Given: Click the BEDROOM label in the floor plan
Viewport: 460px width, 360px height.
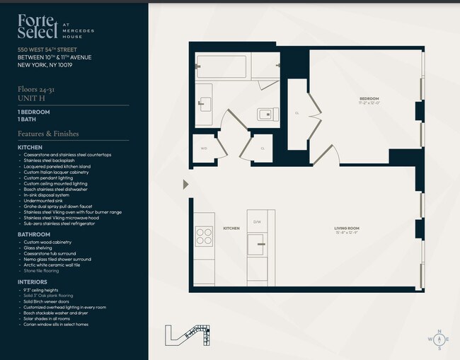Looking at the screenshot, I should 369,99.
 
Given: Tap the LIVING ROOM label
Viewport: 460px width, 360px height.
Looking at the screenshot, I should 347,228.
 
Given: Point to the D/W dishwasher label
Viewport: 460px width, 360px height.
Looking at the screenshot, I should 258,222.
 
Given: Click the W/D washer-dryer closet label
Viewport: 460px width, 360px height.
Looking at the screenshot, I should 204,149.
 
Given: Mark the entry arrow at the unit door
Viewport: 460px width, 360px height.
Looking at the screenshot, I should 186,185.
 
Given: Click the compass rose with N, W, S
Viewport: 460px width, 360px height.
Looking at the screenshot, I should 439,339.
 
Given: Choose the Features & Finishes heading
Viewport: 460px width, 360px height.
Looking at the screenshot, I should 48,134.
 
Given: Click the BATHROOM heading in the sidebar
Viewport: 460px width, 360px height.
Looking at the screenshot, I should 34,234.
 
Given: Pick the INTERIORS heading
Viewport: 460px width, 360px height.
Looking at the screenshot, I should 33,281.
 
